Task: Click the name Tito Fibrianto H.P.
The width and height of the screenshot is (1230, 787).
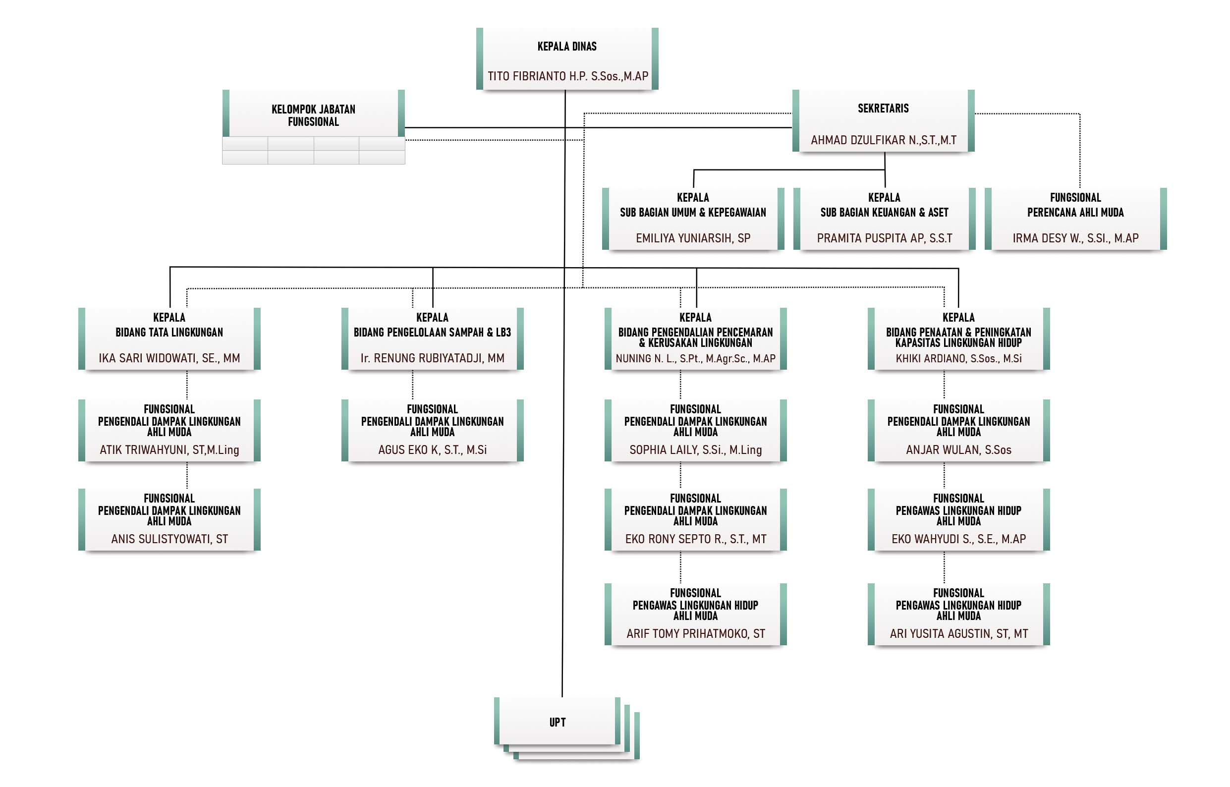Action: [x=568, y=76]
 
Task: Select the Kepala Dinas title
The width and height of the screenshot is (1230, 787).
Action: [x=567, y=47]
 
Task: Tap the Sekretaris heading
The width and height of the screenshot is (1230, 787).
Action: [x=883, y=109]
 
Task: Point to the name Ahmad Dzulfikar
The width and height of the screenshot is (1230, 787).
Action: [x=883, y=140]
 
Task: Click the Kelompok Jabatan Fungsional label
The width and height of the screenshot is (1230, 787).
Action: [x=313, y=115]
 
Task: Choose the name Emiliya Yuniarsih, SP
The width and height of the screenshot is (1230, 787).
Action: [x=693, y=238]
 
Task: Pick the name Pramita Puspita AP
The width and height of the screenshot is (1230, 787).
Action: [x=884, y=238]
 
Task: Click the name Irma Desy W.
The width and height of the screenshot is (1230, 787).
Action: [x=1075, y=238]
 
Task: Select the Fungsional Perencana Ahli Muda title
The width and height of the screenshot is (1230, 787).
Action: [x=1075, y=205]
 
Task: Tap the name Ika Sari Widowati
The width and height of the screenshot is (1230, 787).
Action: [x=169, y=358]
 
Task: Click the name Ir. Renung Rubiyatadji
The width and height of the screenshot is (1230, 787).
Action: [x=432, y=358]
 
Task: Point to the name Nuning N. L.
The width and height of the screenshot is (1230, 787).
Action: [x=695, y=359]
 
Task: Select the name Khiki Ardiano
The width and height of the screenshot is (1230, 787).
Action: [x=958, y=359]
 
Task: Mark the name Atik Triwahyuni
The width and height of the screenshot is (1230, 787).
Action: [x=169, y=450]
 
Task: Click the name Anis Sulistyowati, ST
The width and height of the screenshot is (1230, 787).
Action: [x=169, y=539]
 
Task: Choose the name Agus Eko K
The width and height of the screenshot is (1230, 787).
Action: [x=432, y=450]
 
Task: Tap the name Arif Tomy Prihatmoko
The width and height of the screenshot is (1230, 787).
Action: [x=695, y=634]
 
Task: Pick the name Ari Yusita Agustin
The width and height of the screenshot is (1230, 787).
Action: [x=958, y=634]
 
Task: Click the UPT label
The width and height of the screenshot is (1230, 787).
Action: [x=557, y=722]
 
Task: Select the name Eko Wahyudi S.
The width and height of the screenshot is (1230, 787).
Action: [x=958, y=539]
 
